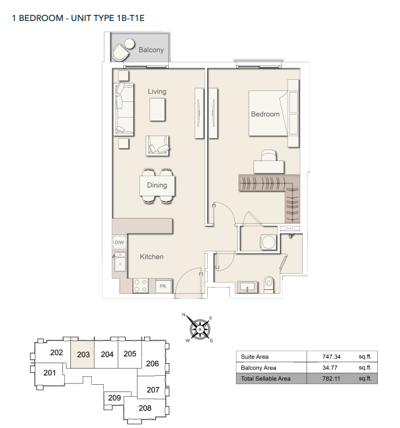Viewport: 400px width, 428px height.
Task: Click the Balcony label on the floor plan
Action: (151, 50)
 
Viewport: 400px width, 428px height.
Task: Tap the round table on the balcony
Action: (129, 44)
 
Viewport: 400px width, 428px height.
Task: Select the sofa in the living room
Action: (124, 109)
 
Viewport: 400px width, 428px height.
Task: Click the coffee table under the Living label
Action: (157, 109)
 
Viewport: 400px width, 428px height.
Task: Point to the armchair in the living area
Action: (157, 146)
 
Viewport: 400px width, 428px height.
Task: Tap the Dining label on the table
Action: (157, 185)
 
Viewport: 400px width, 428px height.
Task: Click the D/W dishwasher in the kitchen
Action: (120, 243)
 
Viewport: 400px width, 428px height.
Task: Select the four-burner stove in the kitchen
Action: (141, 286)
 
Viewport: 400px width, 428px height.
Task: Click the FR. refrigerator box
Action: (163, 286)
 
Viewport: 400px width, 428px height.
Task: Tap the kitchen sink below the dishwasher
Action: (120, 262)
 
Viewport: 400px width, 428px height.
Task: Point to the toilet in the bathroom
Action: (268, 285)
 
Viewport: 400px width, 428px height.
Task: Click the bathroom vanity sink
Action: (247, 287)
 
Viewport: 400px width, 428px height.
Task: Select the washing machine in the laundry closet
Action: (268, 242)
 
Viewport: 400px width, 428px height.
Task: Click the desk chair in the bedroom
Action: (269, 155)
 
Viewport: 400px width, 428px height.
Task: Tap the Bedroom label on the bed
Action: (265, 114)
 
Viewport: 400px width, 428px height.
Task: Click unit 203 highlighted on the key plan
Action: (83, 354)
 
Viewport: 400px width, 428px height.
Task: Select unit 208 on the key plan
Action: (145, 408)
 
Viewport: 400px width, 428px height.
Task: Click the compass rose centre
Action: (200, 330)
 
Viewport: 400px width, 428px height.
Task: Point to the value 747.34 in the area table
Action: (331, 357)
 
